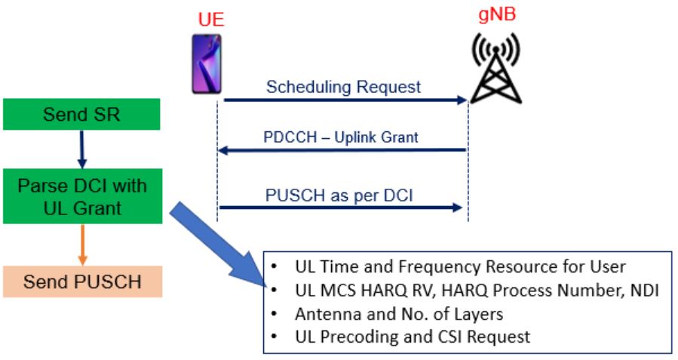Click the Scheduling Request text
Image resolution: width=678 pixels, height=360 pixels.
pyautogui.click(x=343, y=87)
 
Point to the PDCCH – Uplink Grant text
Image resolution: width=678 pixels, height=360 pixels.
pyautogui.click(x=341, y=137)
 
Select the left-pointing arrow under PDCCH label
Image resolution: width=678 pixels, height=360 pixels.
pyautogui.click(x=341, y=150)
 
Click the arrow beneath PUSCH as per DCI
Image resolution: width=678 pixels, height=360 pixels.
pyautogui.click(x=339, y=207)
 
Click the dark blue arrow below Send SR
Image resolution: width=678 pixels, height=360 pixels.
pyautogui.click(x=82, y=150)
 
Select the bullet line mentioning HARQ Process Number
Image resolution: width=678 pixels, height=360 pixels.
pyautogui.click(x=467, y=290)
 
